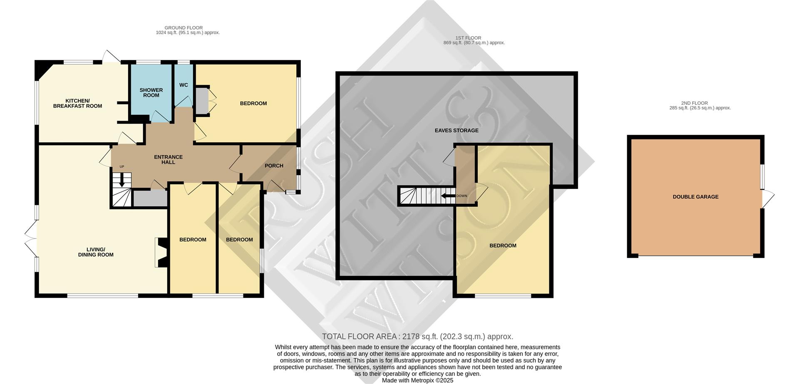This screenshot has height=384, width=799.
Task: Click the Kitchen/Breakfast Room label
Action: [77, 103]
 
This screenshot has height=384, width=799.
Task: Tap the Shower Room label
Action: [151, 92]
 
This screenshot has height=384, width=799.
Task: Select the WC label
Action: [184, 85]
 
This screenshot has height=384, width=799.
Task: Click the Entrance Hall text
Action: [168, 159]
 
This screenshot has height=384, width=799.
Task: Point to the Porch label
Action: [274, 166]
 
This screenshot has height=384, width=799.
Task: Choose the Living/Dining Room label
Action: [96, 252]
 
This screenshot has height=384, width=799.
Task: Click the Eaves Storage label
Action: [457, 130]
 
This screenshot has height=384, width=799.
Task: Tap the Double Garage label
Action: [695, 197]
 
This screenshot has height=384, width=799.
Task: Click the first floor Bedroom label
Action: [503, 245]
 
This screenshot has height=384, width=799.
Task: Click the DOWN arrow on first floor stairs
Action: [448, 196]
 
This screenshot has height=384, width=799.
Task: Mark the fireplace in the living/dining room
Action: [161, 252]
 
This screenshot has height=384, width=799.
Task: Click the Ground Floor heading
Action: [184, 28]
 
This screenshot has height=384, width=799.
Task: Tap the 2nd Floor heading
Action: [694, 103]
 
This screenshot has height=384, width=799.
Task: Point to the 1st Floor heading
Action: [468, 38]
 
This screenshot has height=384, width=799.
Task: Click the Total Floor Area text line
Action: [417, 337]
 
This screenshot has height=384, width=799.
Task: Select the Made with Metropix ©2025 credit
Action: [417, 380]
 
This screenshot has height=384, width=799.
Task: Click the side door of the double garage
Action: [768, 199]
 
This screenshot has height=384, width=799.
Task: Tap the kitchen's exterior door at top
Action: [111, 57]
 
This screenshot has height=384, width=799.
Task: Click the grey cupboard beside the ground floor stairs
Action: [150, 198]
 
